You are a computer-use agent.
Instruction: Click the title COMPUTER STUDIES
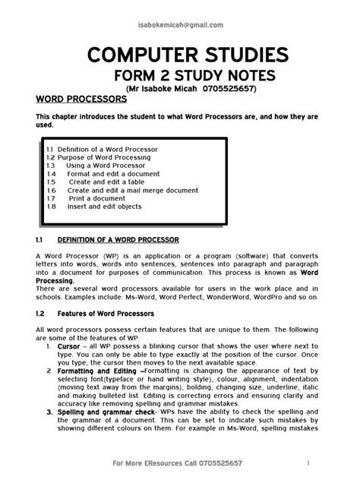pyautogui.click(x=180, y=55)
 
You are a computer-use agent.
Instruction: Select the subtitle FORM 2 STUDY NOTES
pyautogui.click(x=180, y=76)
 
